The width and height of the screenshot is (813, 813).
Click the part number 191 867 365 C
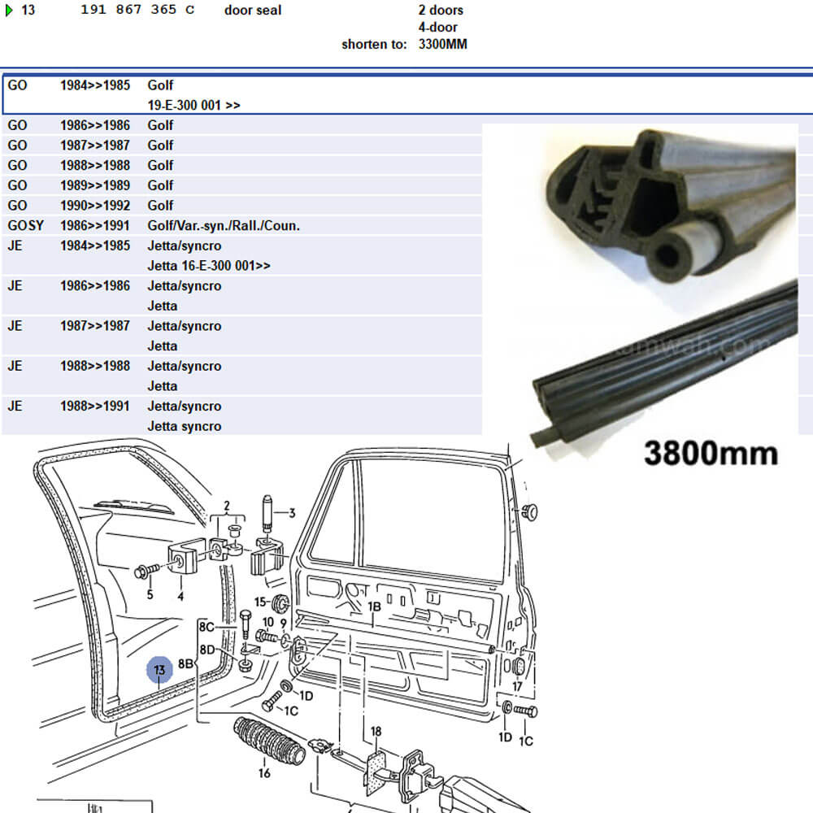[x=137, y=11]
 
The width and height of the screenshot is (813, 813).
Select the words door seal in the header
[x=253, y=11]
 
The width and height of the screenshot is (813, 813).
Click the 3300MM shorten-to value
[x=443, y=44]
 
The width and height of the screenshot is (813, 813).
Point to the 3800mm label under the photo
[x=711, y=452]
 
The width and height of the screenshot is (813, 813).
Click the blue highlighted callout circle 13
[x=159, y=670]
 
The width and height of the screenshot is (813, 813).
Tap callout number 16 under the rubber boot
[x=264, y=772]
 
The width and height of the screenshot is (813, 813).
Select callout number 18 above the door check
[x=376, y=732]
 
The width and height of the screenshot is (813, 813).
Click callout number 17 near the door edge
[x=517, y=686]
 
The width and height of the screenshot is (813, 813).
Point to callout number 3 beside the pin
[x=291, y=512]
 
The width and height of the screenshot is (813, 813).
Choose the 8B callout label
[x=185, y=663]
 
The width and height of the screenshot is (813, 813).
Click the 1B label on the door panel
[x=374, y=606]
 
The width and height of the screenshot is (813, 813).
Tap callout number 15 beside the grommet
[x=260, y=602]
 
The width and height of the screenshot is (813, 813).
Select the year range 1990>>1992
[x=94, y=206]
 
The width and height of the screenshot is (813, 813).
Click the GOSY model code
[x=25, y=225]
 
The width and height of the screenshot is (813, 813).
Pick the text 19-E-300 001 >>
[x=193, y=106]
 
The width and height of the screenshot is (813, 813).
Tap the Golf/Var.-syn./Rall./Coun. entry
[x=224, y=225]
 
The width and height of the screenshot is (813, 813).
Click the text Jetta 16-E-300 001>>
[x=209, y=266]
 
